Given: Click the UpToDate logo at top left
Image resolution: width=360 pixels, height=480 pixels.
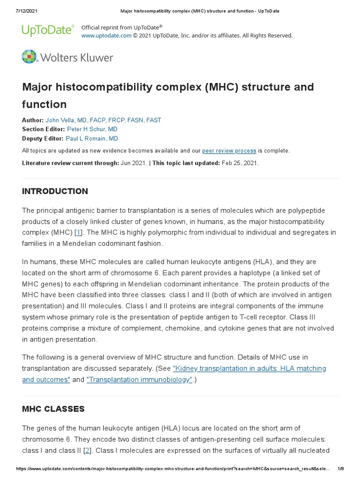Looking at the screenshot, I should (48, 30).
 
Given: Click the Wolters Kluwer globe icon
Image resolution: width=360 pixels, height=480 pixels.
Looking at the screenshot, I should (29, 57).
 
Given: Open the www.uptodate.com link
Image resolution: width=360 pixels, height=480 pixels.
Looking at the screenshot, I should (100, 36).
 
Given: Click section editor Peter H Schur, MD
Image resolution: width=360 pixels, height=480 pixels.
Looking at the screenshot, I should (92, 129).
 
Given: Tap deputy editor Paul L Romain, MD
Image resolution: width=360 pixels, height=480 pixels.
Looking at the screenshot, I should (92, 138).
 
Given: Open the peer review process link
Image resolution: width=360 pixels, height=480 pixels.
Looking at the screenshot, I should (229, 151).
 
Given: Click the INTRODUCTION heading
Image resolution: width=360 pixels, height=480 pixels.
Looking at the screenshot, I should (55, 191).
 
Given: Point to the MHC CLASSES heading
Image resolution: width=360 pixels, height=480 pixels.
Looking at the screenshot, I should (53, 409).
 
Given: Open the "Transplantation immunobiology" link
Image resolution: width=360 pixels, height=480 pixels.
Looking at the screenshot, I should (140, 380).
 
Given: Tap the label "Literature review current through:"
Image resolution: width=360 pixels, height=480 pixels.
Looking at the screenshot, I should (70, 163).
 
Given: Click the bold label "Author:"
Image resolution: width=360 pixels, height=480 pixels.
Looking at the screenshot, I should (33, 120).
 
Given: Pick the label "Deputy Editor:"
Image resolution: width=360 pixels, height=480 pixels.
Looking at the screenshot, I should (43, 138).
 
